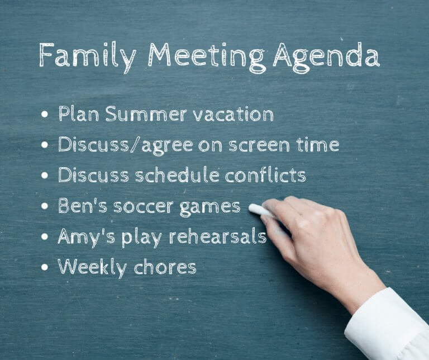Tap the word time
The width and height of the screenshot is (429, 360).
click(x=319, y=145)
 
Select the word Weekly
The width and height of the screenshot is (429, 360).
click(x=93, y=267)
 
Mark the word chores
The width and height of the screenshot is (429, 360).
click(x=166, y=267)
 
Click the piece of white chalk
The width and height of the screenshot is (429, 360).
click(x=260, y=210)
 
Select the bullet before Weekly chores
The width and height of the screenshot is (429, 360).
click(x=45, y=268)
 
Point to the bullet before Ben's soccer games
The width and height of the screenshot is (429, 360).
click(x=45, y=207)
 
